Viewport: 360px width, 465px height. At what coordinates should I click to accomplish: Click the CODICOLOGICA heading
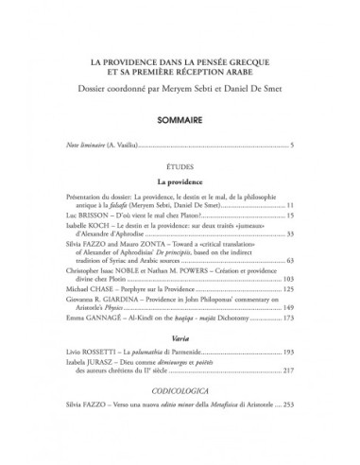click(x=180, y=413)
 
